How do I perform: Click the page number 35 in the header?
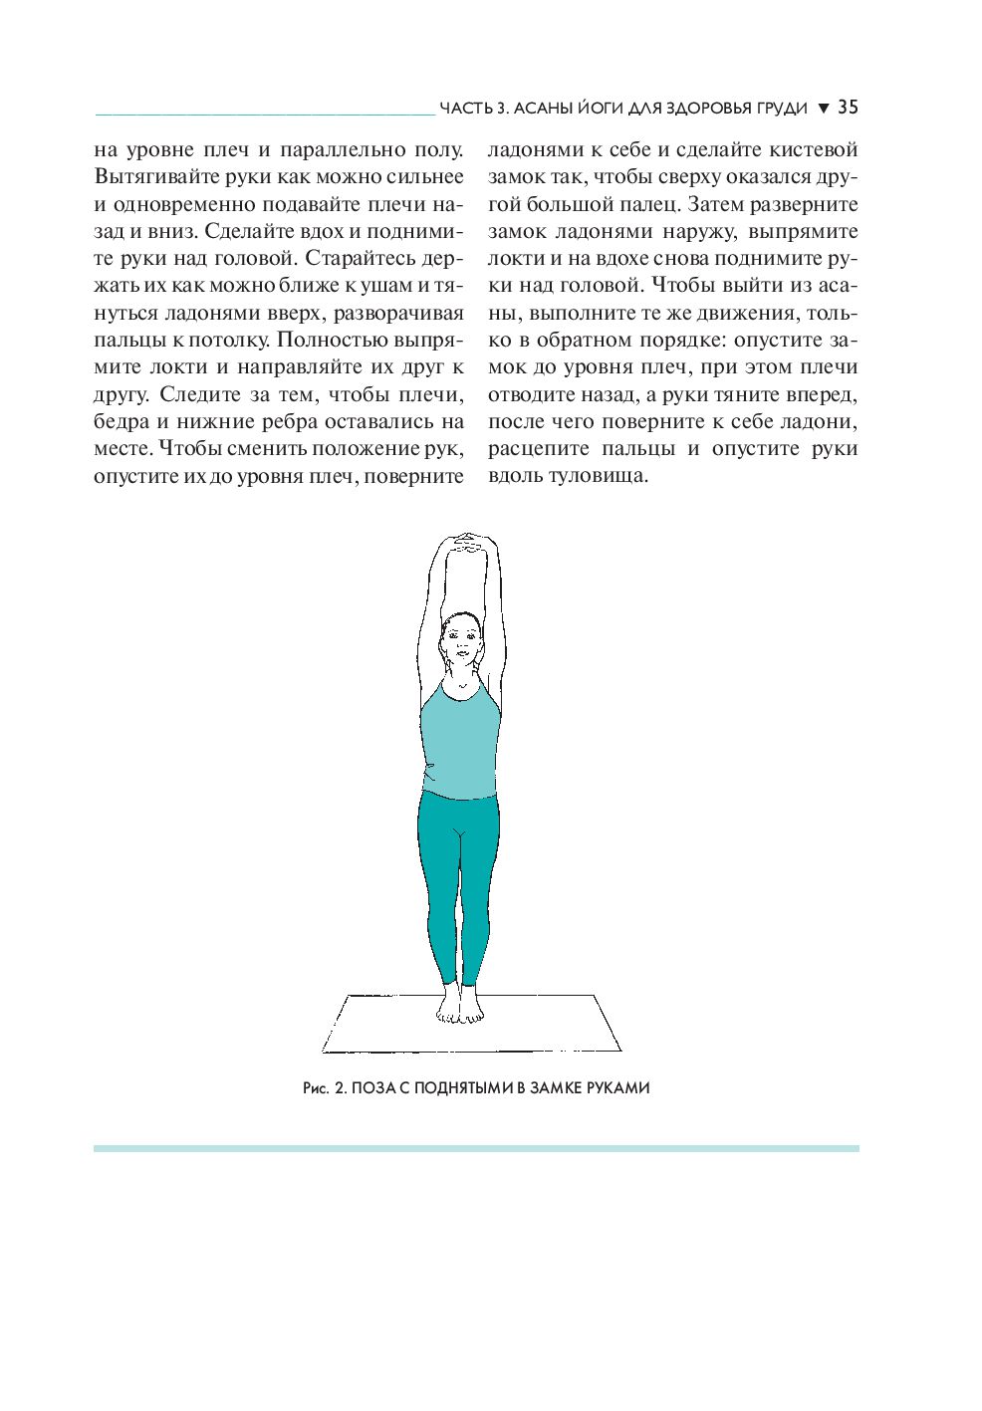(848, 107)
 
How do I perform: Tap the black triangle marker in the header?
(823, 108)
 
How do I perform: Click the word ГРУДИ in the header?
(779, 108)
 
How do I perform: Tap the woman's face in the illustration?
(460, 640)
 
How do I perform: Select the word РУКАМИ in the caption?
(617, 1088)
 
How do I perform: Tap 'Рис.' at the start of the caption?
(317, 1088)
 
